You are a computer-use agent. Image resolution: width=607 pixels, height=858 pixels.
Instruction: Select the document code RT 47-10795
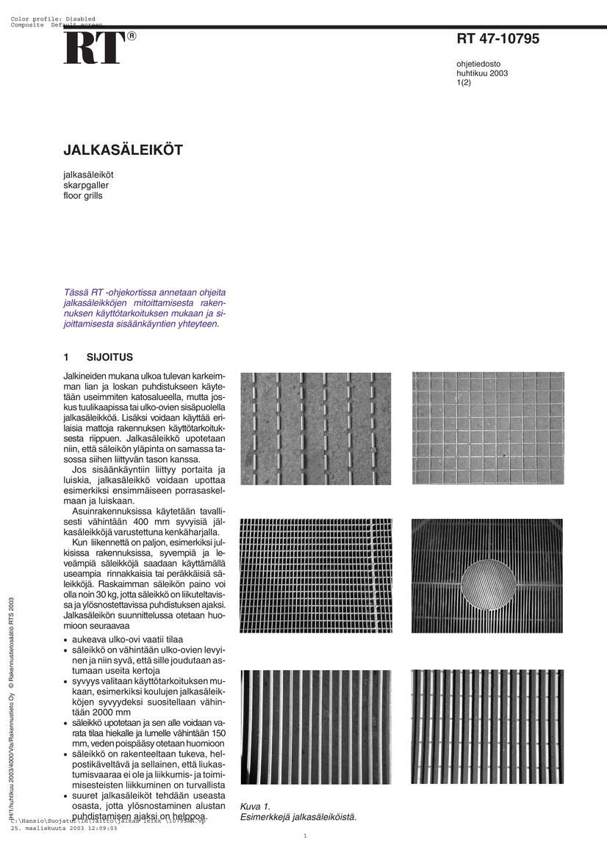(498, 39)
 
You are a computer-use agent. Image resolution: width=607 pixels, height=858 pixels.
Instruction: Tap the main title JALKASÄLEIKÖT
(123, 150)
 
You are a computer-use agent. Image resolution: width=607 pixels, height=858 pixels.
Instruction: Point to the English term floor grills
(83, 196)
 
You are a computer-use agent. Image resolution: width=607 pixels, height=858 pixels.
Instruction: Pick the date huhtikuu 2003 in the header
(482, 73)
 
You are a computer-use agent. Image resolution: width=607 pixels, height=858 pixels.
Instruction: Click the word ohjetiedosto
(478, 64)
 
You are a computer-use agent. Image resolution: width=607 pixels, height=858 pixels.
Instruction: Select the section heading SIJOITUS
(109, 357)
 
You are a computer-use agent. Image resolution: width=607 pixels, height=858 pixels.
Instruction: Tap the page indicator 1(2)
(464, 83)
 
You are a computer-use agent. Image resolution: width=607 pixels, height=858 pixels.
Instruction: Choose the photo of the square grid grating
(488, 428)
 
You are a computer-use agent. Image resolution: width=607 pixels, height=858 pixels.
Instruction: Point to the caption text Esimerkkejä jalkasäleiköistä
(298, 816)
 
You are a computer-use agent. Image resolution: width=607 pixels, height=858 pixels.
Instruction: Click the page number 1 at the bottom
(305, 835)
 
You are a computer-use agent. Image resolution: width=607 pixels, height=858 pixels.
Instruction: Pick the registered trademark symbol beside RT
(132, 35)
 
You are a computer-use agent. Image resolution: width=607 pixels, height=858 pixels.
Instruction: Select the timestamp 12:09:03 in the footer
(103, 827)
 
